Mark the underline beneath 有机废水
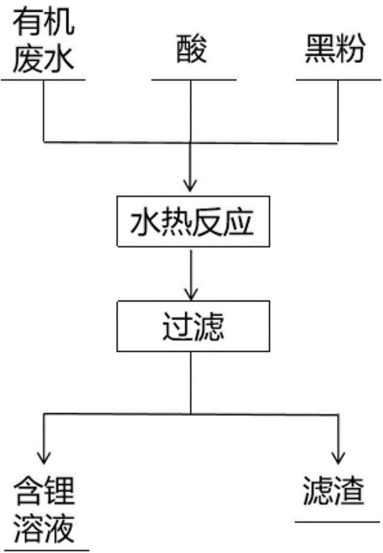[43, 78]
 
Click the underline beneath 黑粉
[336, 78]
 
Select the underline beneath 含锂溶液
[45, 548]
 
